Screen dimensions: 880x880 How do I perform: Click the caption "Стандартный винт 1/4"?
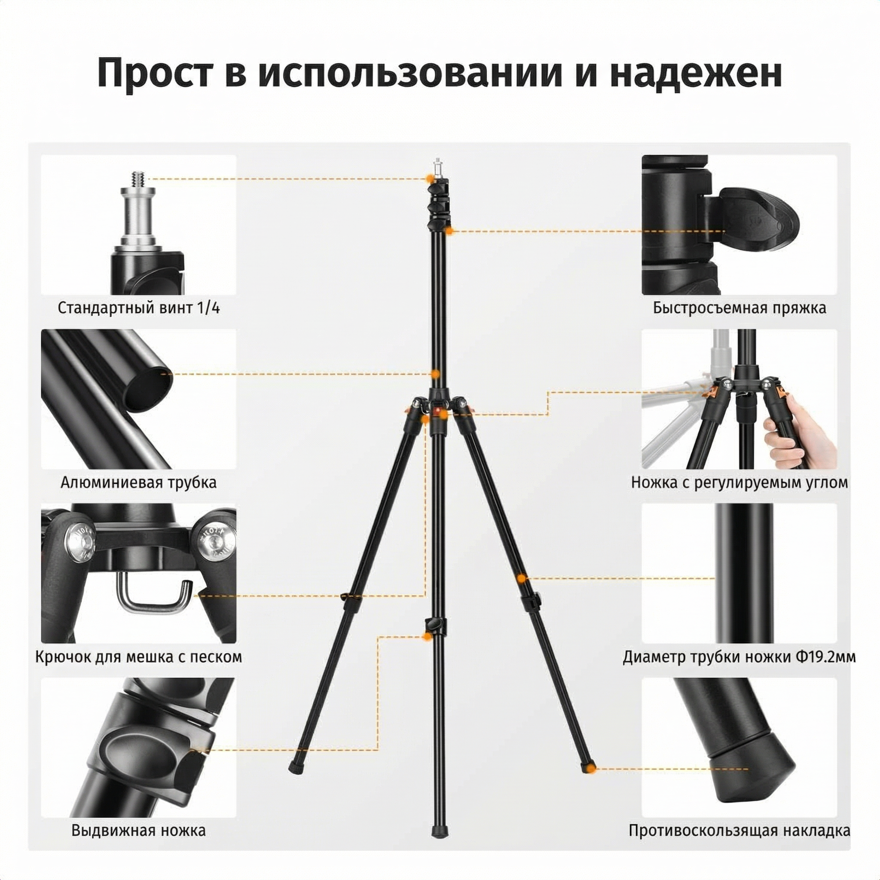pos(139,309)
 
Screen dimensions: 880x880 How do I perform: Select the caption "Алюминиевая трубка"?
pos(139,483)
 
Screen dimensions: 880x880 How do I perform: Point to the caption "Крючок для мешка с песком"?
pos(139,657)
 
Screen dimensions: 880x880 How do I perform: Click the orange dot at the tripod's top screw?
pos(430,179)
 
